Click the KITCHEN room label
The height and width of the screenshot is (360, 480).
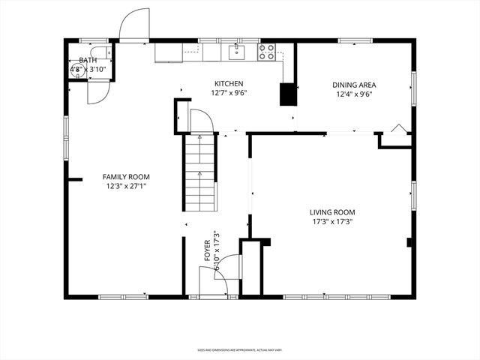[x=229, y=83]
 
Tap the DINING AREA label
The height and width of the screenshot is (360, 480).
[x=352, y=85]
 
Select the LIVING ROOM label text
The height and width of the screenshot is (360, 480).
[x=331, y=212]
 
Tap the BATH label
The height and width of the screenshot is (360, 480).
[x=88, y=60]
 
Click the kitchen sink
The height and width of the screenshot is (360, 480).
[x=237, y=52]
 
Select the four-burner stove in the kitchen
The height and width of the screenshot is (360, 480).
[x=266, y=52]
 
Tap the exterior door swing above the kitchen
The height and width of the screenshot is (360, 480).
[x=134, y=25]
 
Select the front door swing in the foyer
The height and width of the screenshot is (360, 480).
[x=227, y=268]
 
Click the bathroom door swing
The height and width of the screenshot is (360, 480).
[x=98, y=92]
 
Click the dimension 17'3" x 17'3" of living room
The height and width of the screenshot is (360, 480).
[x=331, y=222]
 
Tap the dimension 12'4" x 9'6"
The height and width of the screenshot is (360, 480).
[x=352, y=94]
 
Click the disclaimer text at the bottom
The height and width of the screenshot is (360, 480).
[x=240, y=349]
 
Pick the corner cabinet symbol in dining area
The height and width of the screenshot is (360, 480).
[x=398, y=129]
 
